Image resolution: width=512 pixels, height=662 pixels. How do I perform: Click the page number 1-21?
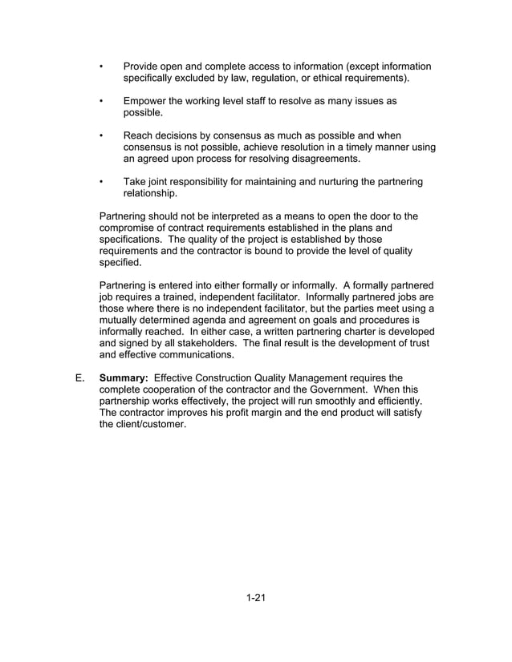click(x=255, y=597)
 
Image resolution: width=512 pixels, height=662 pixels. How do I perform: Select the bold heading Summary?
click(x=123, y=377)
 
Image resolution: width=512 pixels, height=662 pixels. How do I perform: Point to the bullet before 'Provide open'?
click(x=101, y=67)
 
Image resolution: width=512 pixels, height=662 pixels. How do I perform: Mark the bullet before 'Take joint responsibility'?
click(x=101, y=182)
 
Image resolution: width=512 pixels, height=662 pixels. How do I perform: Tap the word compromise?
click(x=128, y=228)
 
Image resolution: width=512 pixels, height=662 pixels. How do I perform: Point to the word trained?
click(x=184, y=297)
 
